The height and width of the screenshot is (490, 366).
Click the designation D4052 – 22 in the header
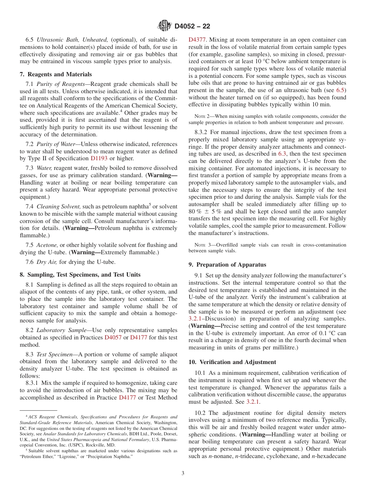pyautogui.click(x=192, y=27)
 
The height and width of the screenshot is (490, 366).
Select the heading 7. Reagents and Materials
pyautogui.click(x=56, y=74)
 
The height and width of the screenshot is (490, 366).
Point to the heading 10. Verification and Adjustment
pyautogui.click(x=232, y=362)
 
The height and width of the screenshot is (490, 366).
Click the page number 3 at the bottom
pyautogui.click(x=183, y=473)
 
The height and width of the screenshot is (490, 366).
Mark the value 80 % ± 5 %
pyautogui.click(x=206, y=211)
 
